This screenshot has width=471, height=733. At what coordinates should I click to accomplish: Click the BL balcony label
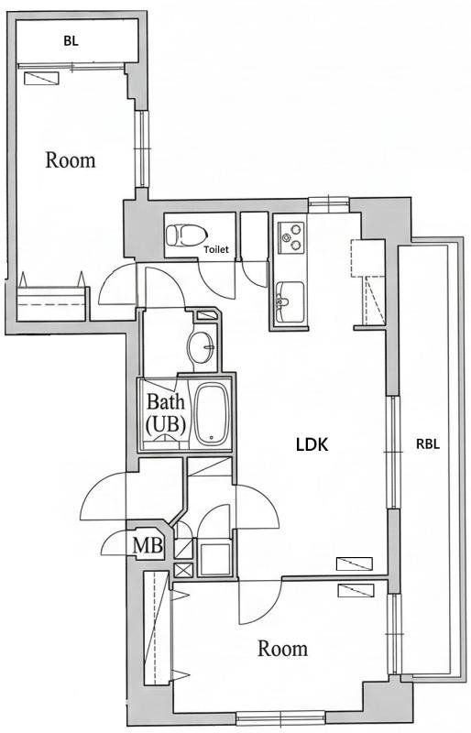[70, 40]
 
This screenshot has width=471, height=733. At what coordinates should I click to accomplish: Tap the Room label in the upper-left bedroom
[71, 160]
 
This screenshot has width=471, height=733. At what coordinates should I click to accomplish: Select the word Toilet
[216, 248]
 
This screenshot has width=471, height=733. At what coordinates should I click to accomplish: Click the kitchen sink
[291, 298]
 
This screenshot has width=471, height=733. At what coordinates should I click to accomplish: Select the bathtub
[211, 412]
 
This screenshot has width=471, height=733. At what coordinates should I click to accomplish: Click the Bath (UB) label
[166, 412]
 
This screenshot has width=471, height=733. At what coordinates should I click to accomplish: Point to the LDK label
[312, 445]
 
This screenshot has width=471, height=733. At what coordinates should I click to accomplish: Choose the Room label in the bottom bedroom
[282, 649]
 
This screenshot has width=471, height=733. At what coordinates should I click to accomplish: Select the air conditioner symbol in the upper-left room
[39, 79]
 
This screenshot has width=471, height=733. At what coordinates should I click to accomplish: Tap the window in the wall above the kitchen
[324, 202]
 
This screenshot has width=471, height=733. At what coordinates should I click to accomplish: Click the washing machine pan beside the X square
[215, 559]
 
